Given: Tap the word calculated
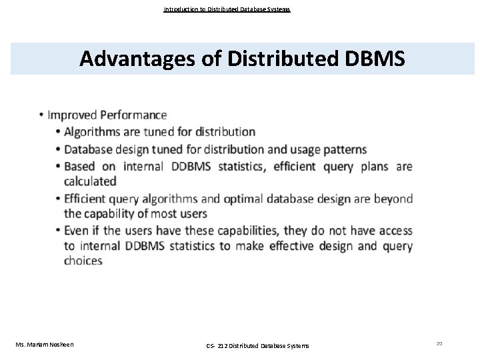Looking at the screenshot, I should tap(90, 181).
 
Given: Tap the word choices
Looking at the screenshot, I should tap(83, 261).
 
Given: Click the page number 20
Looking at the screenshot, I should tap(439, 343).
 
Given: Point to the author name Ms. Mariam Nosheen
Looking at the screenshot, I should tap(45, 344).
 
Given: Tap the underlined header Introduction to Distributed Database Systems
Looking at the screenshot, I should tap(227, 9).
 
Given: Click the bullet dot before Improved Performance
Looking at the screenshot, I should tap(42, 116).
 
